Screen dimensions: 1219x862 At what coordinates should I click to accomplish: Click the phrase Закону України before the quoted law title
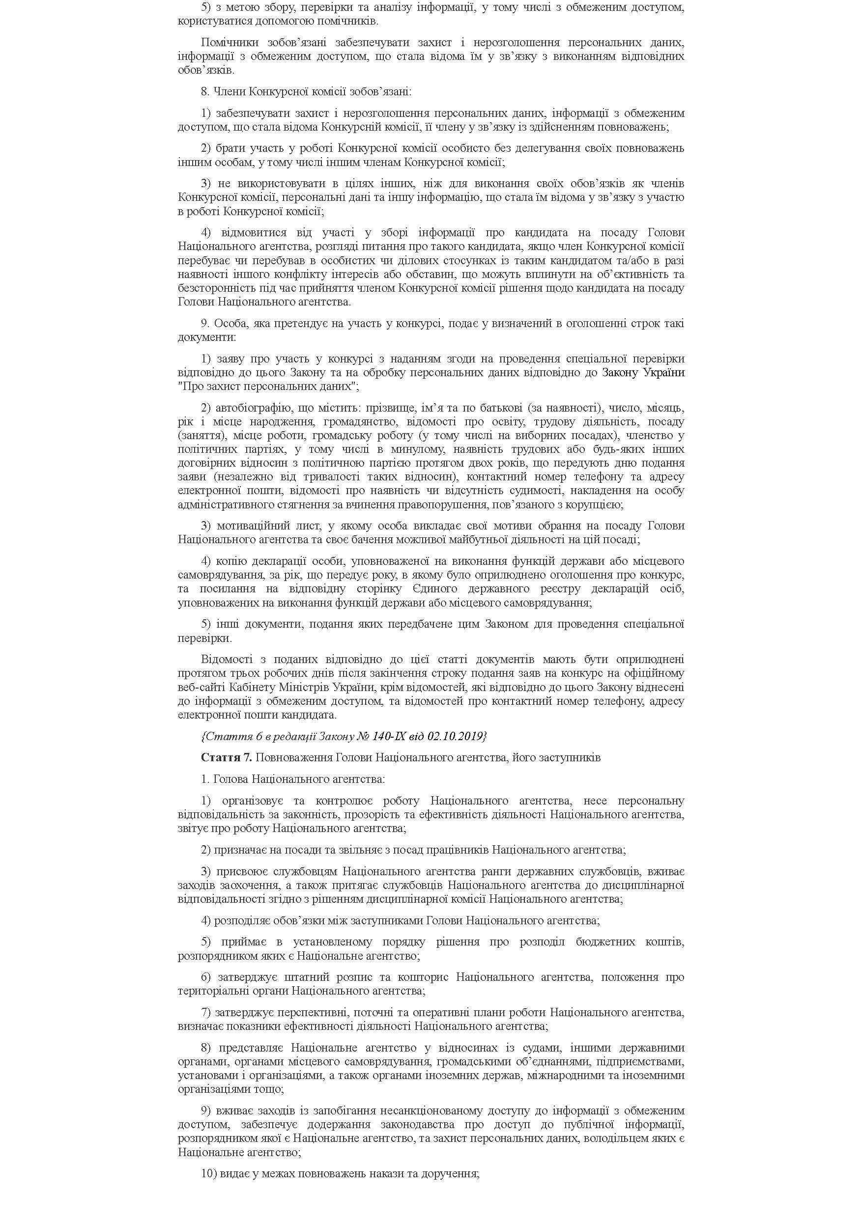coord(643,372)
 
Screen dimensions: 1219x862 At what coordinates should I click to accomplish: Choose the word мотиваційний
coord(249,526)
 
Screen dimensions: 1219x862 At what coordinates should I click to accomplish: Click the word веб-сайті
coord(202,687)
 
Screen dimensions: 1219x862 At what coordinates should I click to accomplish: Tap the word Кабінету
coord(252,687)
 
